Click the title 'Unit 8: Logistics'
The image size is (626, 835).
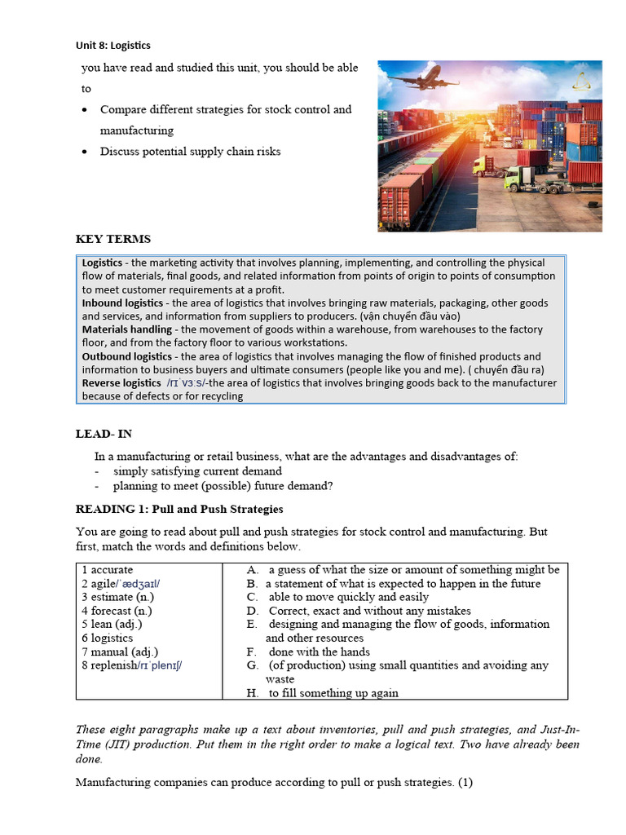pyautogui.click(x=112, y=46)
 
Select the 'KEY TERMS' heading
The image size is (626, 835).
pyautogui.click(x=112, y=239)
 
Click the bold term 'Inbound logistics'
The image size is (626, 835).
pyautogui.click(x=122, y=303)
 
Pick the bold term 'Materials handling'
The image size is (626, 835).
pyautogui.click(x=126, y=329)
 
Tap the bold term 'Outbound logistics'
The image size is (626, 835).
pyautogui.click(x=128, y=356)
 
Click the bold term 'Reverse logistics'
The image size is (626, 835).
pyautogui.click(x=121, y=382)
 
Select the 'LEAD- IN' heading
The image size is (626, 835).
pyautogui.click(x=104, y=434)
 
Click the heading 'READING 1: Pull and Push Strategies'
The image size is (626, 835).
pyautogui.click(x=179, y=509)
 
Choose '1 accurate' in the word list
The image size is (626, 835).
pyautogui.click(x=107, y=570)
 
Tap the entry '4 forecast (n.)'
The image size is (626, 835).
pyautogui.click(x=117, y=611)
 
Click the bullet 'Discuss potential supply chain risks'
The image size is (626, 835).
pyautogui.click(x=190, y=151)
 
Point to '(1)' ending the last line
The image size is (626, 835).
pyautogui.click(x=465, y=783)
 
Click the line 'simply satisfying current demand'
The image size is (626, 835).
pyautogui.click(x=197, y=471)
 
